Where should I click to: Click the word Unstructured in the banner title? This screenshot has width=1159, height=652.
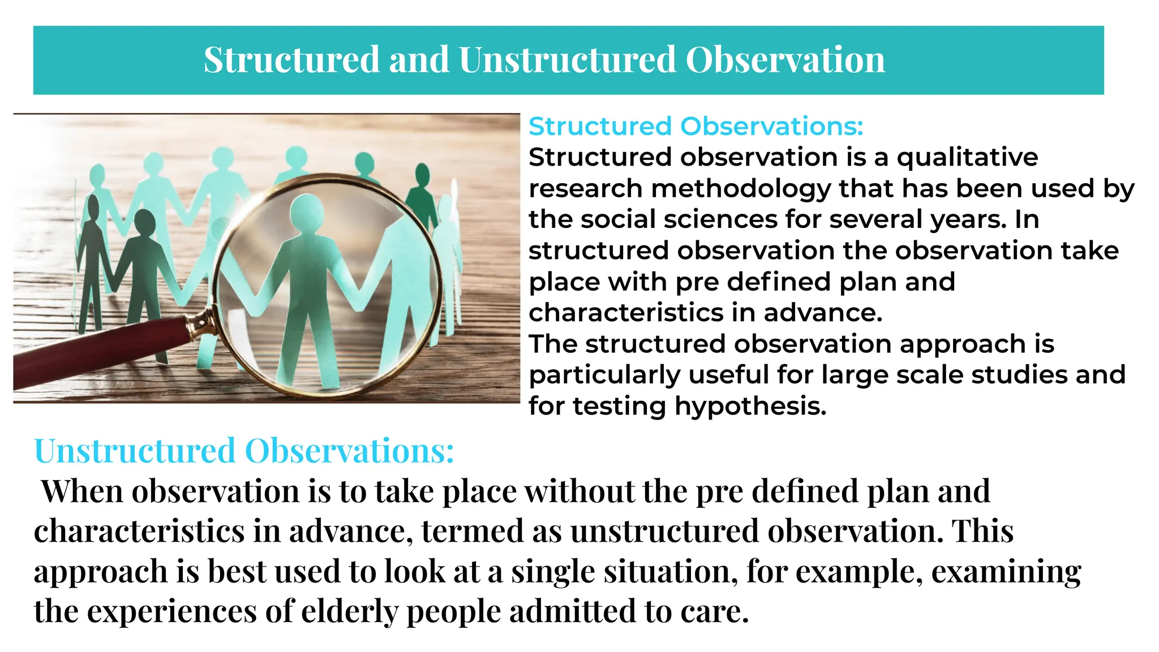567,60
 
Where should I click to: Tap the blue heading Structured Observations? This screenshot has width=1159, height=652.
696,126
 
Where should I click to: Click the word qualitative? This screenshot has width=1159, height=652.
967,158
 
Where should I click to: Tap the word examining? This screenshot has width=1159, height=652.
1006,572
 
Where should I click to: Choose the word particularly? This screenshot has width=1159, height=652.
604,375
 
